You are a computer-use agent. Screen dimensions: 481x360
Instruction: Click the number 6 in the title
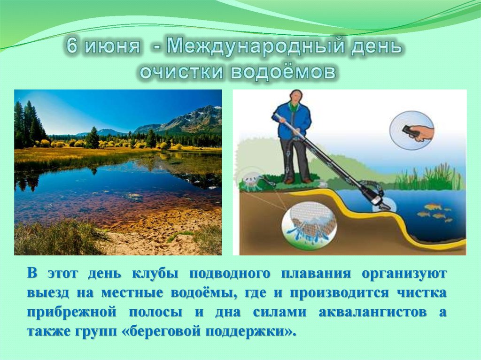[x=72, y=46]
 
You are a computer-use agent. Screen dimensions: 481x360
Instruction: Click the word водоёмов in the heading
[x=283, y=72]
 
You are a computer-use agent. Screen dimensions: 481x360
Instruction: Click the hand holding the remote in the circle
[x=421, y=132]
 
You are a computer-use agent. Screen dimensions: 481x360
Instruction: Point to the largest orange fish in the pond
[x=433, y=207]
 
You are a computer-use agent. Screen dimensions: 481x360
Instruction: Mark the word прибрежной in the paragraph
[x=72, y=313]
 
